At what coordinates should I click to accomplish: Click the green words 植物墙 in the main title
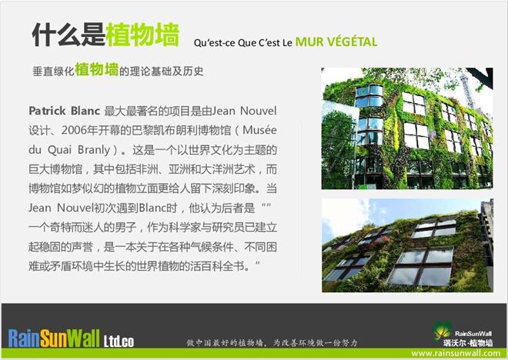coord(142,35)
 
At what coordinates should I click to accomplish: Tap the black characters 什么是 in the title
coord(69,35)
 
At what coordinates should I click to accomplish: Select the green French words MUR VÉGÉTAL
coord(336,42)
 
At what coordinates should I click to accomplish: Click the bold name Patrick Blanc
coord(64,111)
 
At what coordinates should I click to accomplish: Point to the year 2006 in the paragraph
coord(75,130)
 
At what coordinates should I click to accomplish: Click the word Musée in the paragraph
coord(259,130)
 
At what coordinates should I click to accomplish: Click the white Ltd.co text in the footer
coord(119,342)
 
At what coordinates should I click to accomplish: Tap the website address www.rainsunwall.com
coord(456,353)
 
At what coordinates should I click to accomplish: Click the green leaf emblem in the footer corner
coord(442,331)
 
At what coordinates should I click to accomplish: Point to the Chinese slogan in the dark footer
coord(272,342)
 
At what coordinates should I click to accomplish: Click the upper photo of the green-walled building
coord(407,128)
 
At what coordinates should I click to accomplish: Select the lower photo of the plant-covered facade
coord(407,245)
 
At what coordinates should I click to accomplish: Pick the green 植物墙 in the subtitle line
coord(96,69)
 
